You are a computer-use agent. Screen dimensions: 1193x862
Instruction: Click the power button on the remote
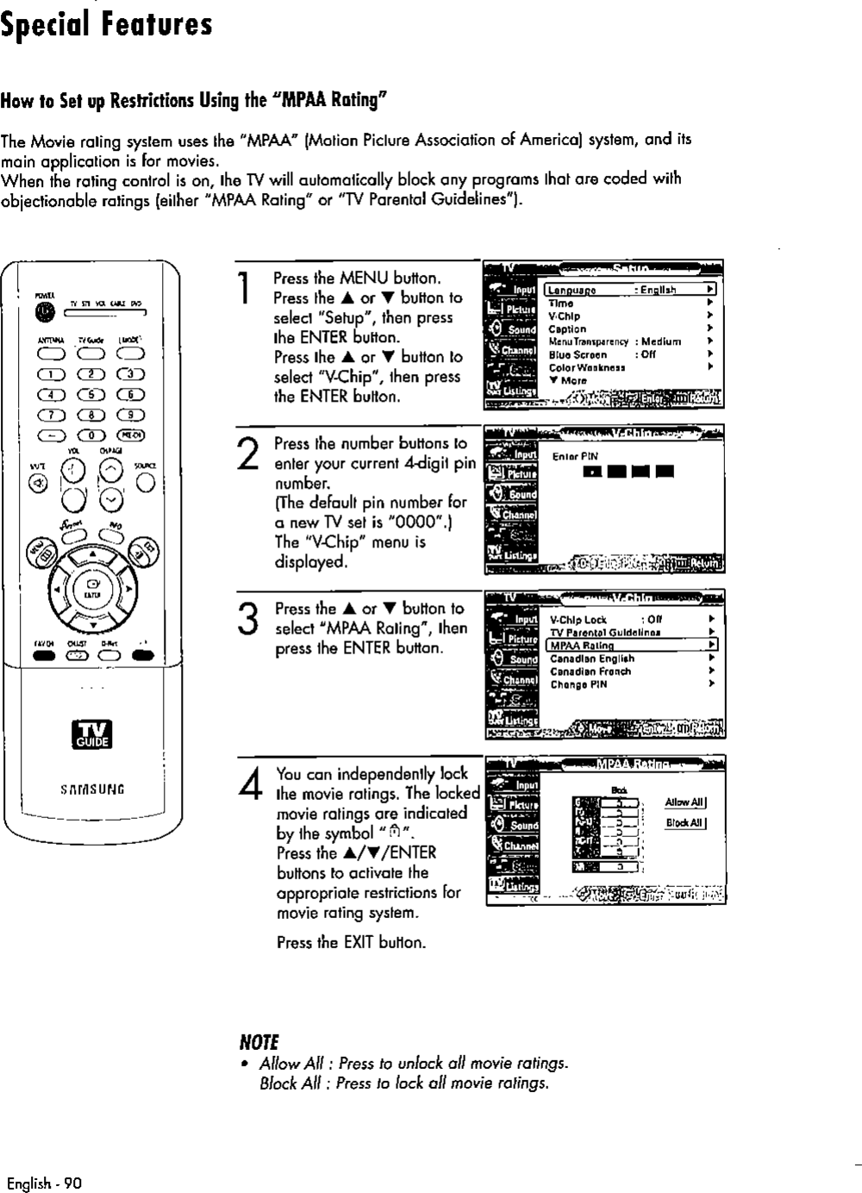41,313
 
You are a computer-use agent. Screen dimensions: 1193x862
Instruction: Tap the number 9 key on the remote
132,415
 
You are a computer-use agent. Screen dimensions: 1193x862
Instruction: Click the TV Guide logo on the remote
92,734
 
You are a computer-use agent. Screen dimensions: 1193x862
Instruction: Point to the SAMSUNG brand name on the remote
92,789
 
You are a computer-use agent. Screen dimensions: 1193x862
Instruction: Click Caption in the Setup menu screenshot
567,329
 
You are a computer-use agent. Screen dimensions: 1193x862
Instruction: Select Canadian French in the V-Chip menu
590,671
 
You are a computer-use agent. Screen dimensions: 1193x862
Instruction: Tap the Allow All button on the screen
685,803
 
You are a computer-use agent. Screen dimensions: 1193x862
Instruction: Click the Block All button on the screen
685,822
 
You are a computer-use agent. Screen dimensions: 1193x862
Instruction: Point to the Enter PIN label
575,457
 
